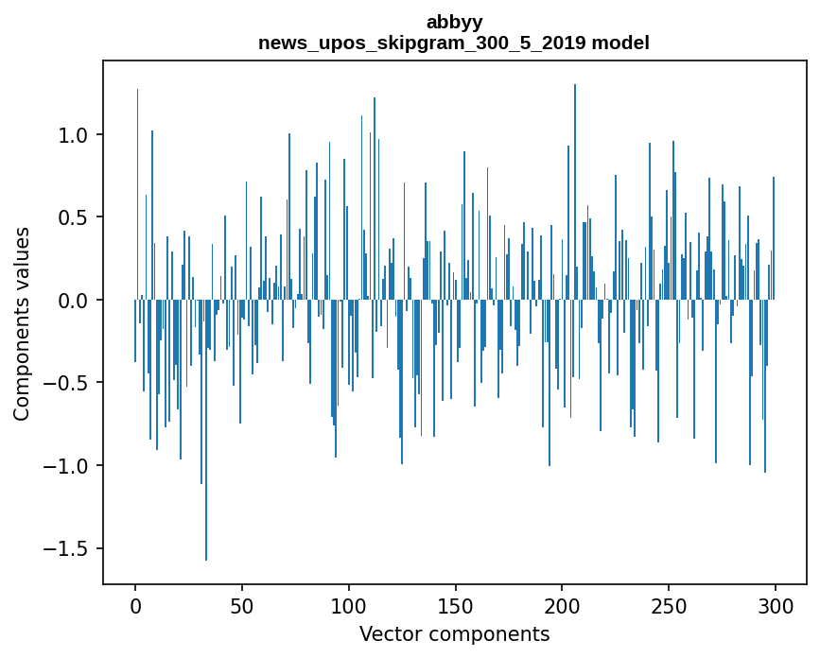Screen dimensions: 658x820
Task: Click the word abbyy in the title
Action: [x=454, y=22]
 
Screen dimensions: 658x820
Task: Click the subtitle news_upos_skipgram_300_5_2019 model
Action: [x=454, y=43]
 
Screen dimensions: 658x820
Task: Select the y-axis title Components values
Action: [x=22, y=323]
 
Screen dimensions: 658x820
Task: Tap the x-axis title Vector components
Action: [x=454, y=633]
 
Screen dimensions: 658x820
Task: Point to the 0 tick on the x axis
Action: [x=135, y=605]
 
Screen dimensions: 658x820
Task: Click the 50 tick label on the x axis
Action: [x=242, y=605]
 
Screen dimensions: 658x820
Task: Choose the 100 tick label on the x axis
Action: [x=349, y=605]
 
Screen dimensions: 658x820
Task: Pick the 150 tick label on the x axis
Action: [x=455, y=605]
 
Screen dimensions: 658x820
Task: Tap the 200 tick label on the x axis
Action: [x=562, y=605]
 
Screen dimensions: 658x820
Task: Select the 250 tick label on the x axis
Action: [x=669, y=605]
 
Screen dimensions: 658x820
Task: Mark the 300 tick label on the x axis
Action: [x=775, y=605]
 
